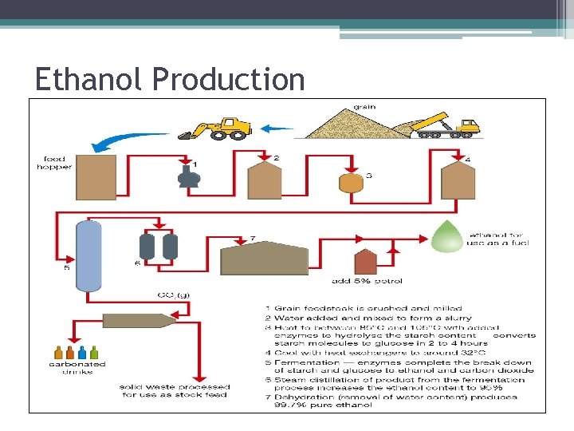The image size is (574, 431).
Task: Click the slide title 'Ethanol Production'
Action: pos(170,79)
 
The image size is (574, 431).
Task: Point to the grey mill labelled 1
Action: pos(188,175)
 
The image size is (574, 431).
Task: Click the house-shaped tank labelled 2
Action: pos(265,180)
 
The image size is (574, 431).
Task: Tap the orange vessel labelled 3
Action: pos(350,182)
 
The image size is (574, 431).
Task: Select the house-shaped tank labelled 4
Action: pos(456,179)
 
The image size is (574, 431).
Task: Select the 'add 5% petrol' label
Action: pos(367,281)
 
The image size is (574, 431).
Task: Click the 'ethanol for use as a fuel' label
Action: pos(496,240)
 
